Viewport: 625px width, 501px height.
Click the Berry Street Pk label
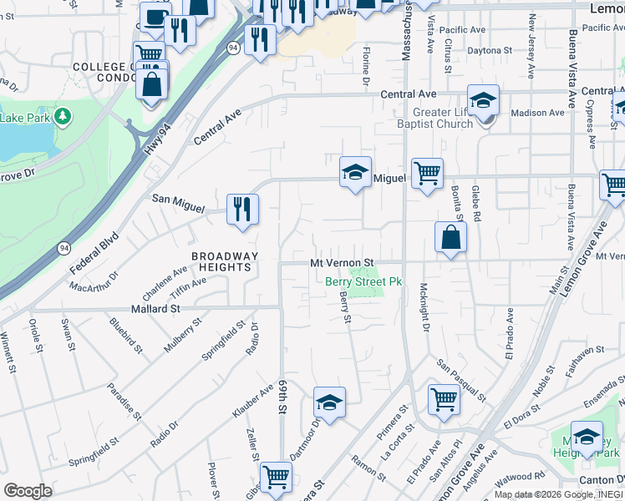[363, 282]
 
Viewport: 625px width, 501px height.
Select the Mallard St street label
[153, 308]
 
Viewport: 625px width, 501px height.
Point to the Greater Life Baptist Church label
[443, 119]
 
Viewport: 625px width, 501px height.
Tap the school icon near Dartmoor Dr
[329, 403]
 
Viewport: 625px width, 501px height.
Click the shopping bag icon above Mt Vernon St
[450, 237]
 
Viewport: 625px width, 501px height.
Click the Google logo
[28, 491]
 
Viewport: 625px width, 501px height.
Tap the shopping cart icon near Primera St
[443, 399]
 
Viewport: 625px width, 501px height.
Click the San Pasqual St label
[461, 379]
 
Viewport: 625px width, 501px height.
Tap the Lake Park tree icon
[61, 115]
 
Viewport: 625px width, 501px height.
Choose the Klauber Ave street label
[253, 402]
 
